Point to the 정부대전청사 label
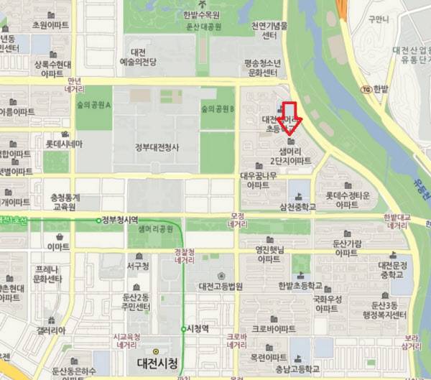click(x=156, y=148)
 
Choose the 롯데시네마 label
click(x=64, y=144)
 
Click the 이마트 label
click(x=58, y=246)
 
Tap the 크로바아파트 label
click(x=273, y=329)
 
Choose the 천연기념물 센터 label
click(x=269, y=30)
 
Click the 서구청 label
click(x=137, y=266)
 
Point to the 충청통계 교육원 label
click(x=65, y=202)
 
